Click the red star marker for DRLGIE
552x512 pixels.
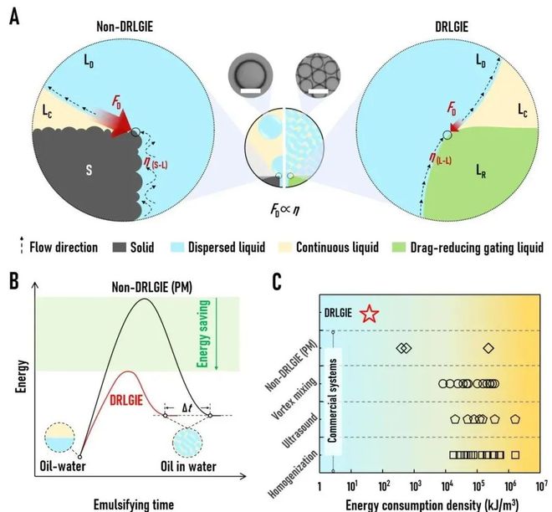click(x=370, y=314)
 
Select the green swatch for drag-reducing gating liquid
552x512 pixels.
click(x=398, y=247)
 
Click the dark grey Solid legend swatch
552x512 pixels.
click(x=119, y=247)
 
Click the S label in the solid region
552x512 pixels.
click(x=89, y=170)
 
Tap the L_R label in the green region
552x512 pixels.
click(x=481, y=172)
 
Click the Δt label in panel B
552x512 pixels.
click(x=187, y=408)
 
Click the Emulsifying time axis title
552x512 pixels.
click(x=134, y=504)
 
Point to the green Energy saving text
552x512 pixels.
click(x=203, y=334)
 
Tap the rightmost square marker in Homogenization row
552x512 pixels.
click(x=515, y=455)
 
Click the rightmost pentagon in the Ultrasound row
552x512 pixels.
click(x=515, y=419)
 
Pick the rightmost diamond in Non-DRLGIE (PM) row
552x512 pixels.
click(x=488, y=348)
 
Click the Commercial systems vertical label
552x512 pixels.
click(x=333, y=401)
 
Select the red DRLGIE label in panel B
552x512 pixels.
click(x=126, y=401)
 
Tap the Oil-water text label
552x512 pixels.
click(x=63, y=466)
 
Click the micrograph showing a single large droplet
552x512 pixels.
click(x=250, y=75)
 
